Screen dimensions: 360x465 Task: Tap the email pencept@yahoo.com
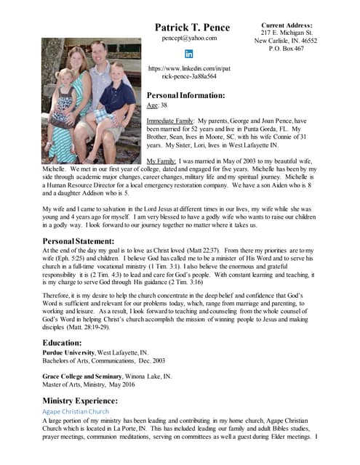click(x=189, y=38)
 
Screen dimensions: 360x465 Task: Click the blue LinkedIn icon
click(x=189, y=54)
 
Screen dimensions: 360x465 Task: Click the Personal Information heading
click(x=185, y=95)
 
